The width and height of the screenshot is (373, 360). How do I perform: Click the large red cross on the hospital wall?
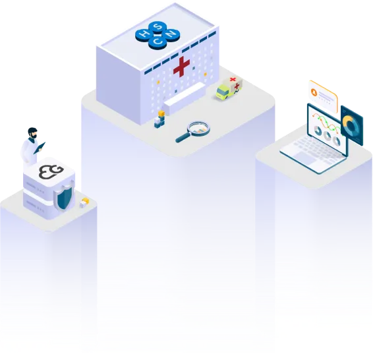click(x=181, y=67)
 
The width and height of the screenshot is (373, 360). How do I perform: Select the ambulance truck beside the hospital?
click(x=229, y=88)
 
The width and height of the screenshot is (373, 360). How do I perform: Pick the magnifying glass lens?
click(x=196, y=127)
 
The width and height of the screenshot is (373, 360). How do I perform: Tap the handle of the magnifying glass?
click(x=183, y=138)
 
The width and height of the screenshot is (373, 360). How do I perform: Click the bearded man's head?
click(x=32, y=133)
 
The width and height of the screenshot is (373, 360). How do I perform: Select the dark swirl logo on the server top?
click(x=48, y=172)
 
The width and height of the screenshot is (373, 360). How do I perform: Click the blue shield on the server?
click(x=63, y=196)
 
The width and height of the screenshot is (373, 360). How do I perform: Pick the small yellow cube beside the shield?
click(x=84, y=202)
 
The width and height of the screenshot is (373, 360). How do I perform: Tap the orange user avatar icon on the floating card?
click(x=314, y=93)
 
